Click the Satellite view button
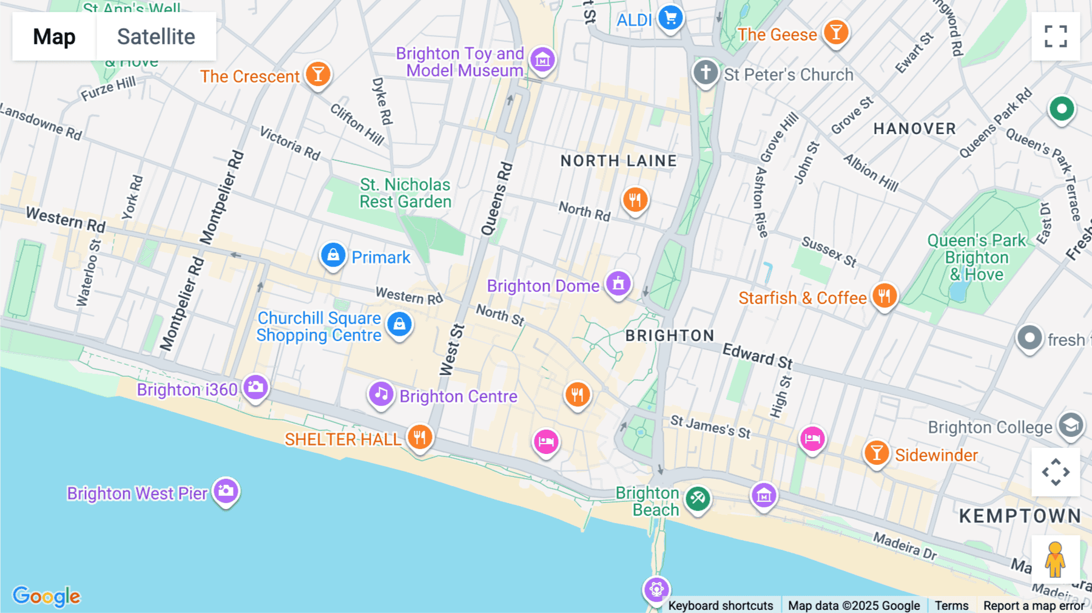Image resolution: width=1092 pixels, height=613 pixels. click(x=156, y=36)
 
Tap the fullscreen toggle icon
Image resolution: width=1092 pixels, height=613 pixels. click(x=1056, y=36)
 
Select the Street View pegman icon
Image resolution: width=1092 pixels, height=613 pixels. click(x=1055, y=559)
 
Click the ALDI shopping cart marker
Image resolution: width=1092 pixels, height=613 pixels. click(x=670, y=18)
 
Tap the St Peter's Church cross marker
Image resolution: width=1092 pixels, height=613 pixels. click(x=706, y=73)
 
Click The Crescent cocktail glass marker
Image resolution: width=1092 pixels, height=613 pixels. click(x=318, y=74)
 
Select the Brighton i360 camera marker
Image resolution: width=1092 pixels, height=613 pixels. click(x=255, y=387)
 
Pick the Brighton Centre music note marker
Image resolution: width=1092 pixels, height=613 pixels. click(x=381, y=394)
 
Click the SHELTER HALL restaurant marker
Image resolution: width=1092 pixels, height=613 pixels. click(x=420, y=436)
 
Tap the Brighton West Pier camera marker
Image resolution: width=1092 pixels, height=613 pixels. click(x=226, y=490)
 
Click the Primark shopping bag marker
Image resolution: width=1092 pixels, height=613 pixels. click(x=333, y=255)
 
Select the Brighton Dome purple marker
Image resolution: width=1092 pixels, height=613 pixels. click(x=618, y=283)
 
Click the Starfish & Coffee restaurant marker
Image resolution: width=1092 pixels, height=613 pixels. click(x=885, y=296)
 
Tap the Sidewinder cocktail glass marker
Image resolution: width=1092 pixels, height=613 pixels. click(x=876, y=453)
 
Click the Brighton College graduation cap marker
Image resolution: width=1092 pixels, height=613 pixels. click(x=1071, y=425)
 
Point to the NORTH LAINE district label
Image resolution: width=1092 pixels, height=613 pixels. click(x=618, y=161)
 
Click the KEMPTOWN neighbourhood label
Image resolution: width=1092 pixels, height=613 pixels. click(x=1020, y=516)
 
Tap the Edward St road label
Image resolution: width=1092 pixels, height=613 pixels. click(x=758, y=356)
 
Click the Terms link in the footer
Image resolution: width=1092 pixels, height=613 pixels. click(x=951, y=606)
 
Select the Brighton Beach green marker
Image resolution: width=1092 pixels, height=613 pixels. click(x=698, y=499)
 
